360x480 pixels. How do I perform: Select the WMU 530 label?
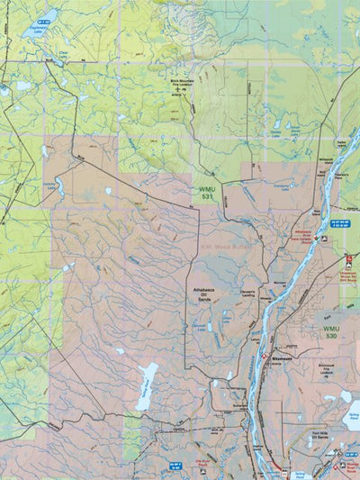(332, 332)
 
